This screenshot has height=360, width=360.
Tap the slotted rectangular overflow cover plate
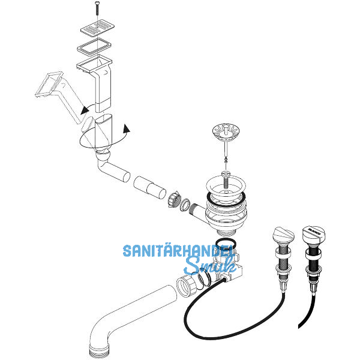98,29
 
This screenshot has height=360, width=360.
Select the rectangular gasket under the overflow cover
94,47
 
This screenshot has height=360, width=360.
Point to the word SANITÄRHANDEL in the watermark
177,251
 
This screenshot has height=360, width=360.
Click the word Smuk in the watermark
210,266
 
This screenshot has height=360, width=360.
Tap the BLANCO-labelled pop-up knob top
314,233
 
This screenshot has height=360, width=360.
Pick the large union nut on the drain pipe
187,286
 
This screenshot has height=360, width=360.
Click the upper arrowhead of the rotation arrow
85,110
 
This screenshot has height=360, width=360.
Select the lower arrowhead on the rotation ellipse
126,129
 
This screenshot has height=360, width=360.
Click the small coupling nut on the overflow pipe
175,199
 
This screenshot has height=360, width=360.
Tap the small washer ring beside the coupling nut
185,205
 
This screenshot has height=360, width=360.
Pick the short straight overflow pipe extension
149,187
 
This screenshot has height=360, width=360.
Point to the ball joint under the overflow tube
103,155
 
